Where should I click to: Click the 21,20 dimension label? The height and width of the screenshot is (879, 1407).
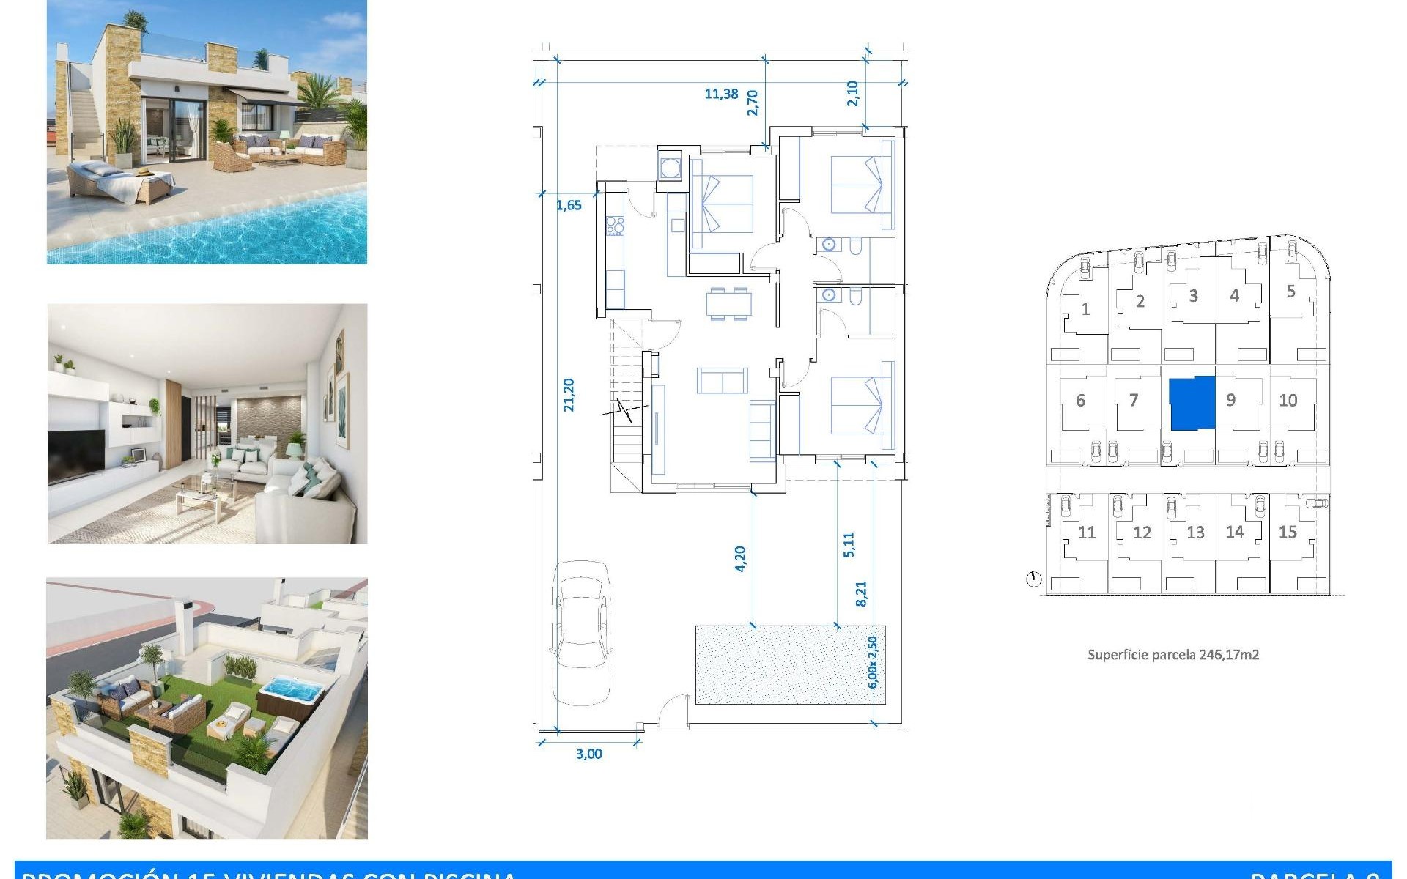point(569,395)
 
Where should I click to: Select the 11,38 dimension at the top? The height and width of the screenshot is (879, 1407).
point(721,94)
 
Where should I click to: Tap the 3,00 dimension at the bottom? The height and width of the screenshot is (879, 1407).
point(588,754)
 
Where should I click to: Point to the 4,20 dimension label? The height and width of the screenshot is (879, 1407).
point(739,559)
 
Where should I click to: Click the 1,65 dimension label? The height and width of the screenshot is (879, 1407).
point(569,205)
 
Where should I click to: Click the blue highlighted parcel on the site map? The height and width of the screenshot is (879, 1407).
point(1192,403)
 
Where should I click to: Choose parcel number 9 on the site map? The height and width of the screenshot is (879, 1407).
point(1231,400)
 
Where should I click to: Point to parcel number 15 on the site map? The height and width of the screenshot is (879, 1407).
point(1288,533)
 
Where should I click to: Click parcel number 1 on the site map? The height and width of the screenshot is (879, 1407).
point(1085,309)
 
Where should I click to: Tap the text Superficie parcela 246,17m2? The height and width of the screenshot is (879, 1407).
point(1173,655)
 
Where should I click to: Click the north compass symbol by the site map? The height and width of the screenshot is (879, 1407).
point(1033,579)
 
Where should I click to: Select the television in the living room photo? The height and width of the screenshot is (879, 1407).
point(76,454)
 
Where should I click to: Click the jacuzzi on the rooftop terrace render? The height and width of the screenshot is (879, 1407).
point(291,691)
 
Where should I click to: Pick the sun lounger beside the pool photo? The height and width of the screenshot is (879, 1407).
point(121,183)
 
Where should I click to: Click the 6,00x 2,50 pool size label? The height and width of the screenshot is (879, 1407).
point(872,662)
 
